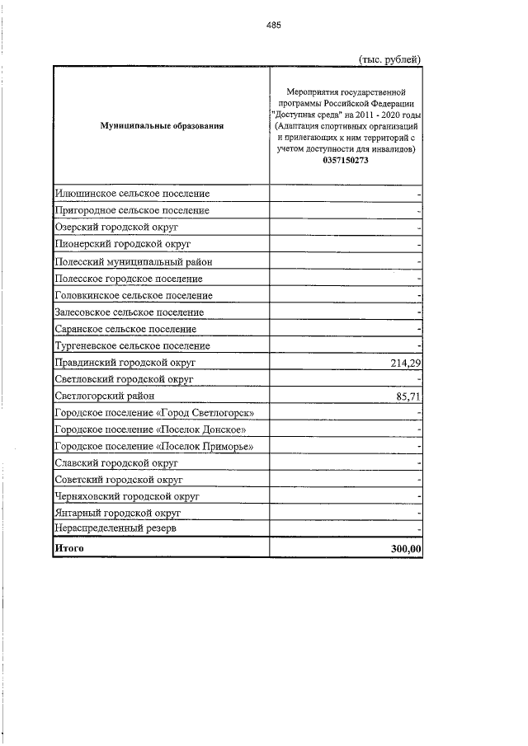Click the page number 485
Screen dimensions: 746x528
click(x=274, y=25)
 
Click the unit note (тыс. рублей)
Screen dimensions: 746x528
click(x=389, y=59)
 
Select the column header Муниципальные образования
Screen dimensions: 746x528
click(x=162, y=126)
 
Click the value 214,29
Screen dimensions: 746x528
click(x=405, y=363)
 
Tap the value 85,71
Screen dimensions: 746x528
click(x=408, y=396)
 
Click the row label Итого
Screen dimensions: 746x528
click(x=69, y=548)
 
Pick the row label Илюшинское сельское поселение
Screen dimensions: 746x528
click(x=131, y=194)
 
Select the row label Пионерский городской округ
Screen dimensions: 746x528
click(x=122, y=245)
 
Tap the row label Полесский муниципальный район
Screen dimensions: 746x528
click(x=133, y=261)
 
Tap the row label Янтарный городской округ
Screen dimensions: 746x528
click(x=117, y=513)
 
